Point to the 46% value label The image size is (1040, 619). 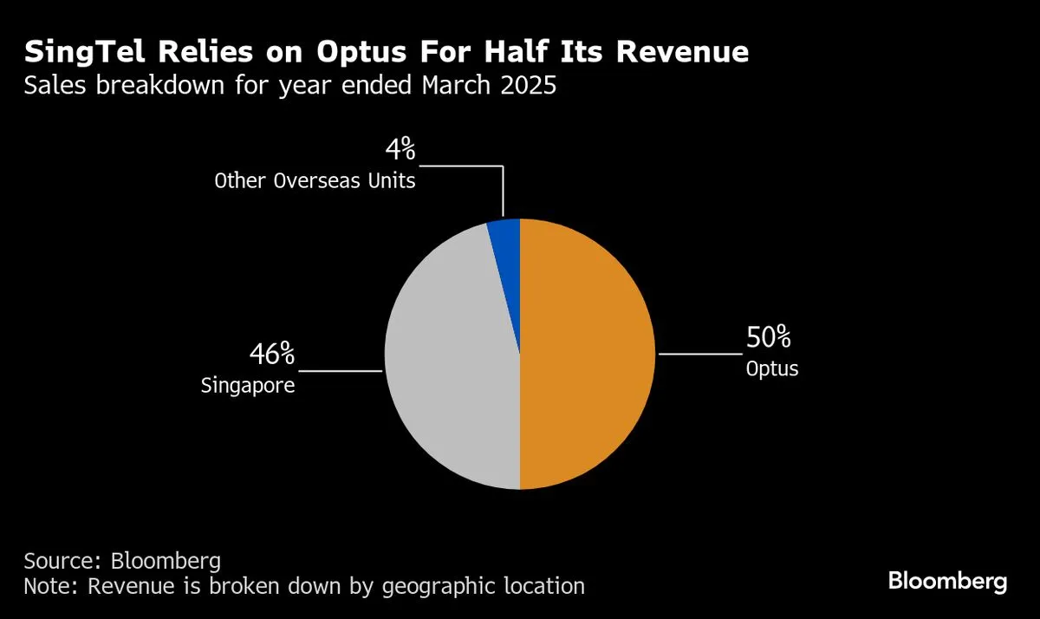point(272,355)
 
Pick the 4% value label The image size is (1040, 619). point(400,151)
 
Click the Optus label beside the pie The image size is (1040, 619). point(771,368)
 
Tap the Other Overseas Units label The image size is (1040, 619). point(315,181)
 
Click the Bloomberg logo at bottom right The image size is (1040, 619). point(947,581)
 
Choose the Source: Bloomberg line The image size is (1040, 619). point(122,559)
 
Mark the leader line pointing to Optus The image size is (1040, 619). point(700,354)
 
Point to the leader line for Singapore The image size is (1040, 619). point(340,371)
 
